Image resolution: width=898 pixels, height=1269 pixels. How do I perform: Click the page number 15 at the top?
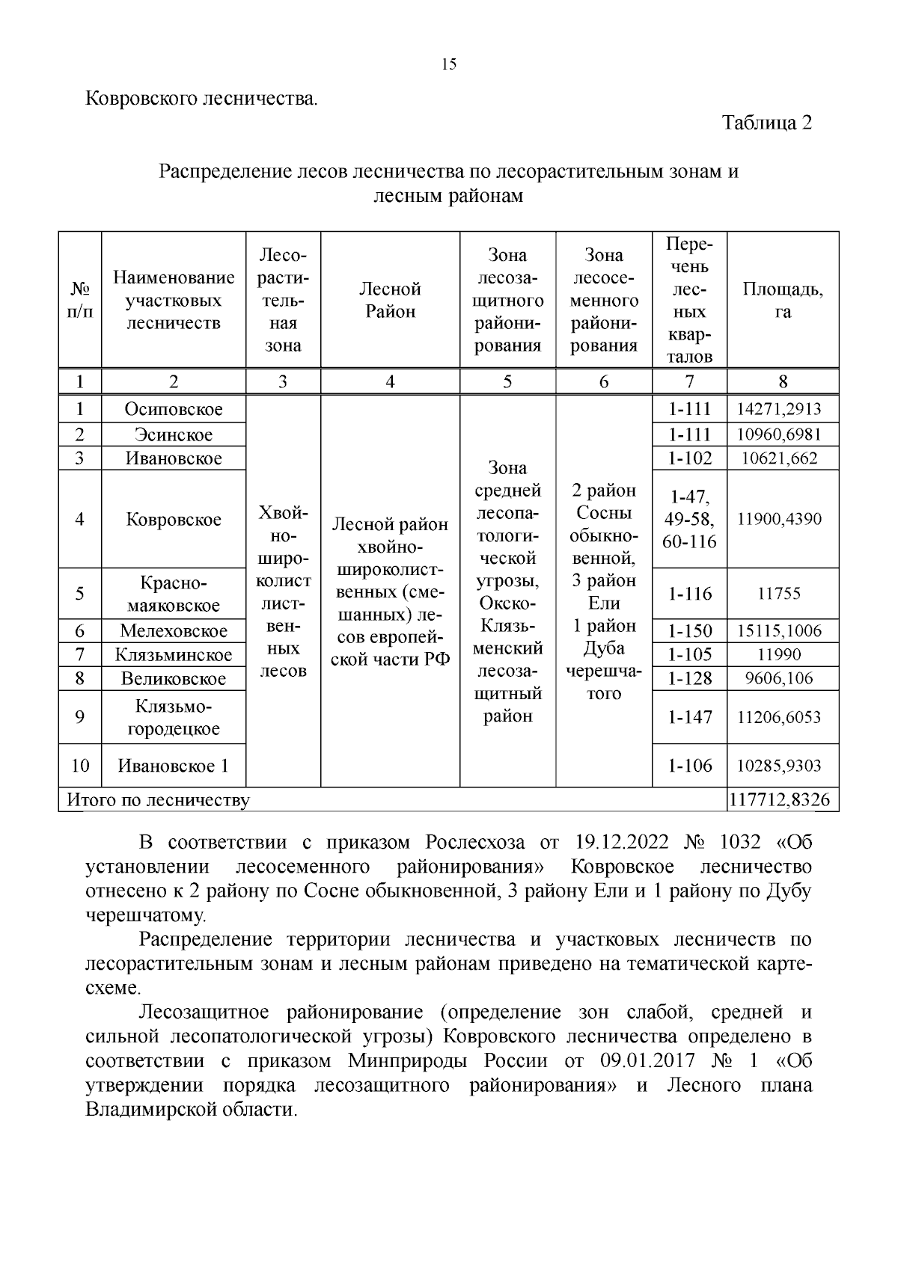tap(449, 64)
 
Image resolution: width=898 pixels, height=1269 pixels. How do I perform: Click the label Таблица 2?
tap(766, 123)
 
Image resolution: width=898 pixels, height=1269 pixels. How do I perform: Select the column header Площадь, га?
tap(782, 301)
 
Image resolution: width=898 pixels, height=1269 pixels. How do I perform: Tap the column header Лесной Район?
tap(390, 301)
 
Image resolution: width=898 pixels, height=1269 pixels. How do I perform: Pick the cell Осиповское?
tap(174, 409)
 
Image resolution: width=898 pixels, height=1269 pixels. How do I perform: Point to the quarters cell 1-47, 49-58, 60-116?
tap(689, 519)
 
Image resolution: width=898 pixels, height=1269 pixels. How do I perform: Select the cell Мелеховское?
tap(174, 630)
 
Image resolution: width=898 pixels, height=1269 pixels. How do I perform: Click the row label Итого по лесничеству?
tap(159, 800)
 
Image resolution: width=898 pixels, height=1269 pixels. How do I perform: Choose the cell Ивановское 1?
tap(174, 766)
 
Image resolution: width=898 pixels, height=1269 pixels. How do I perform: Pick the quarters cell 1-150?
tap(689, 630)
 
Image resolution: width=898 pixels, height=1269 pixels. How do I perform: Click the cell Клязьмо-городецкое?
tap(174, 717)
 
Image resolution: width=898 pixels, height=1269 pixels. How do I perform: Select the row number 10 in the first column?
tap(80, 766)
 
